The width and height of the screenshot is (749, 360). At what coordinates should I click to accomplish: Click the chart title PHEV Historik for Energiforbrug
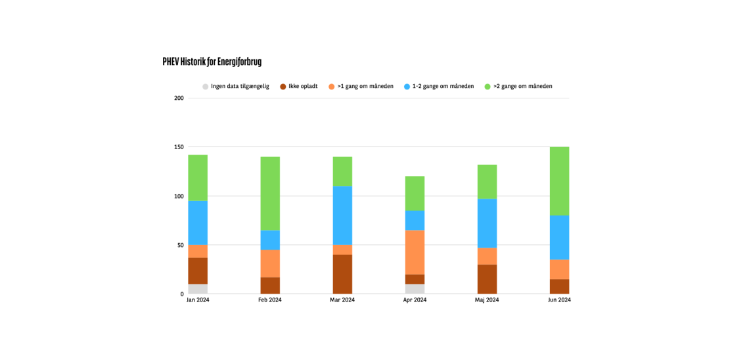(212, 62)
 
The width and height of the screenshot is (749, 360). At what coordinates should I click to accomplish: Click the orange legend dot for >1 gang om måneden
(332, 87)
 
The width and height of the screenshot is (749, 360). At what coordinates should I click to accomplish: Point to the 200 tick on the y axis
(179, 98)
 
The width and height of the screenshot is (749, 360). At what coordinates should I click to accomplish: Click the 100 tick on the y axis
(179, 196)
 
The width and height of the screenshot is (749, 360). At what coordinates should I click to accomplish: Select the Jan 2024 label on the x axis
(198, 300)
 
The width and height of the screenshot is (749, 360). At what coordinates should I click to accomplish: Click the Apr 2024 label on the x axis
(415, 300)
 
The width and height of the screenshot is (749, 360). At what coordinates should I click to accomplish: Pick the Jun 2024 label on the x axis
(559, 300)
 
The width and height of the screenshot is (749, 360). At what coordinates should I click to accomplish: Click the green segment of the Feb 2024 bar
(270, 193)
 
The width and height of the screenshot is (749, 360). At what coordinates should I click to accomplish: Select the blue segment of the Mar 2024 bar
(342, 215)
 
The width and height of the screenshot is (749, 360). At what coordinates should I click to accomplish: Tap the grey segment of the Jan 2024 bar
(198, 289)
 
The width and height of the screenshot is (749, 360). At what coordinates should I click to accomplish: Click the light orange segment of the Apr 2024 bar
(415, 252)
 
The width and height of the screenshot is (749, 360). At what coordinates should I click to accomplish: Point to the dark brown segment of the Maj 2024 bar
(487, 279)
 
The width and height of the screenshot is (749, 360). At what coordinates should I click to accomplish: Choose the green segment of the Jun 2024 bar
(559, 181)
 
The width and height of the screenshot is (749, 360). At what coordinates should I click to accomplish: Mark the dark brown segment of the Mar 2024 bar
(342, 274)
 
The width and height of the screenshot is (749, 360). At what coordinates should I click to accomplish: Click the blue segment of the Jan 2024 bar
(198, 223)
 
